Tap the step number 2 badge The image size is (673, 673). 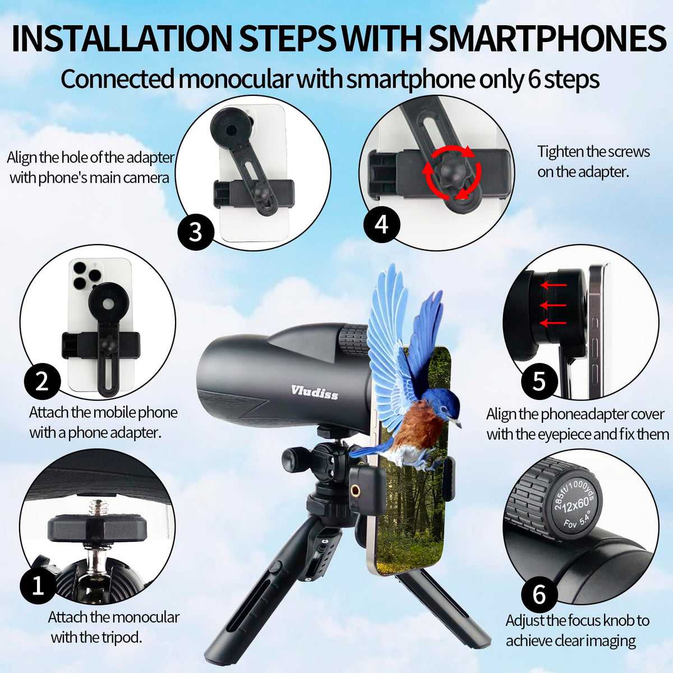(x=42, y=381)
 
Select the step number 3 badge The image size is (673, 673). (x=196, y=232)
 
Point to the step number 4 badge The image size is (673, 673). (x=381, y=224)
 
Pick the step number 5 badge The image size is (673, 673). (x=539, y=381)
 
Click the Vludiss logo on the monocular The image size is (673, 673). (x=315, y=393)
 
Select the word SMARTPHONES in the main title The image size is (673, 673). (x=547, y=39)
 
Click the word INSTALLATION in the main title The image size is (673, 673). (x=122, y=39)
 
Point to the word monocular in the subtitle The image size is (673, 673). (x=234, y=80)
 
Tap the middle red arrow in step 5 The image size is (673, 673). (x=553, y=306)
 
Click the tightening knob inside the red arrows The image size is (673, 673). (x=452, y=171)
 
